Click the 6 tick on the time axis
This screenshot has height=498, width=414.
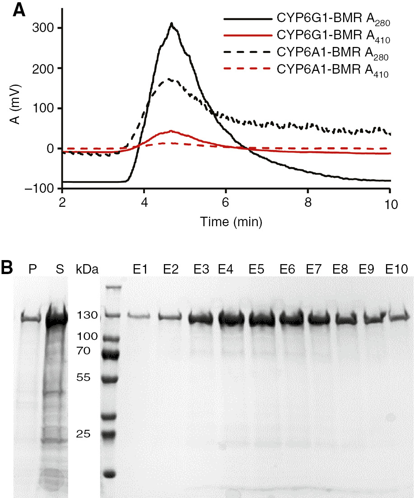pyautogui.click(x=226, y=204)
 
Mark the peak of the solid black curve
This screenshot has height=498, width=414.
pyautogui.click(x=172, y=23)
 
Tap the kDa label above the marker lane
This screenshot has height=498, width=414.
pyautogui.click(x=86, y=270)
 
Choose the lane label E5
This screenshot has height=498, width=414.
pyautogui.click(x=257, y=270)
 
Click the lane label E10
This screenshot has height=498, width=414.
pyautogui.click(x=396, y=270)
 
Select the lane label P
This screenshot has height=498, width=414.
pyautogui.click(x=32, y=270)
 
